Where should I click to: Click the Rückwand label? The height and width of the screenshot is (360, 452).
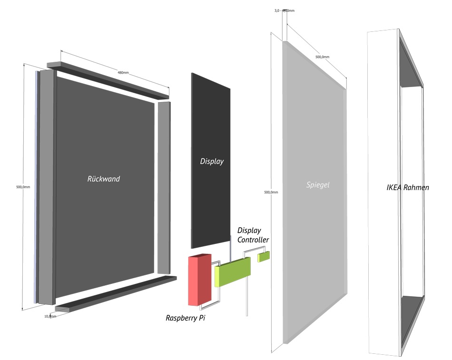click(x=104, y=179)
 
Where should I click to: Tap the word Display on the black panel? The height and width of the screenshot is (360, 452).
click(x=212, y=161)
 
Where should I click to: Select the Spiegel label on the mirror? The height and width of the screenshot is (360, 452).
click(x=317, y=185)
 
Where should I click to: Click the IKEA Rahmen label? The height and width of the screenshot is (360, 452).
click(x=408, y=187)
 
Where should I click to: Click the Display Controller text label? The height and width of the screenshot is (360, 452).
click(x=253, y=235)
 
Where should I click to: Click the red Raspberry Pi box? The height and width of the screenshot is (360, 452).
click(x=199, y=281)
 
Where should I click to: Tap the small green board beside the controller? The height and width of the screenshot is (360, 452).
click(x=264, y=256)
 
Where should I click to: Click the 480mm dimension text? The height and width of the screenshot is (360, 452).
click(x=123, y=73)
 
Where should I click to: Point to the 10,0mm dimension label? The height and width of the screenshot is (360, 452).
click(x=50, y=316)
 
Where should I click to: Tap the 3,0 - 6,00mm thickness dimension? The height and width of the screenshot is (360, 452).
click(x=284, y=10)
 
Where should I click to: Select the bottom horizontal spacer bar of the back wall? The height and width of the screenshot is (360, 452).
click(x=114, y=293)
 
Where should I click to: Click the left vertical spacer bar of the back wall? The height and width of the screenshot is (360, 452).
click(x=47, y=187)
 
